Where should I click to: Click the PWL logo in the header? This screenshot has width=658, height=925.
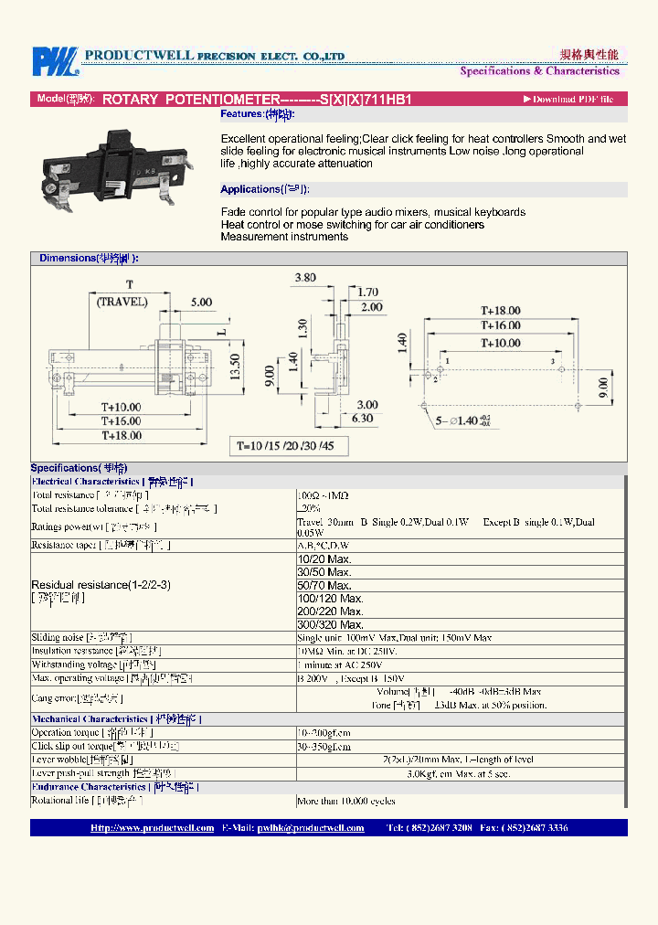55,61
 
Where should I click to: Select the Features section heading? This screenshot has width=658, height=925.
257,115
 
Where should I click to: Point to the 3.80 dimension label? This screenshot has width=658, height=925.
305,278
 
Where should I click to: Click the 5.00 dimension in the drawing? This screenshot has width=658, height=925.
200,303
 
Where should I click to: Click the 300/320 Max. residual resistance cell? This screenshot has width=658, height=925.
325,624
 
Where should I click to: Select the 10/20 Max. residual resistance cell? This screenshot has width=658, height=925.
324,558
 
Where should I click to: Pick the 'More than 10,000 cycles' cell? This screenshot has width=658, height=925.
346,801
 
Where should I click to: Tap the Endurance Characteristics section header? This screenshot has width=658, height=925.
115,787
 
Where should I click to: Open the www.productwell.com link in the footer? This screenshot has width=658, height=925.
152,828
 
